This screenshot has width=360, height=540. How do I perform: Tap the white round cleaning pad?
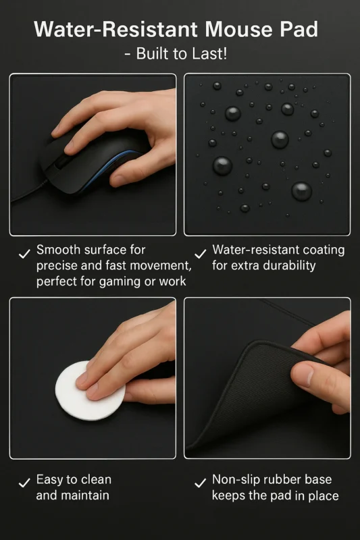pos(91,390)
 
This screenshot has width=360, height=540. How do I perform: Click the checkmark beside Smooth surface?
pos(24,254)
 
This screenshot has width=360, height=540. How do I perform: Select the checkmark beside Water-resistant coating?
pos(200,254)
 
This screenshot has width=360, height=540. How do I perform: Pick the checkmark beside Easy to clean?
pos(24,483)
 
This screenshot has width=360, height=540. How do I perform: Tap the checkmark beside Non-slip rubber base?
pos(200,483)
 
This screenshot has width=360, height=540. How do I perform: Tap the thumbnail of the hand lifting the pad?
pos(267,378)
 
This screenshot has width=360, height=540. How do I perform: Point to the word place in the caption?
pos(323,496)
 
